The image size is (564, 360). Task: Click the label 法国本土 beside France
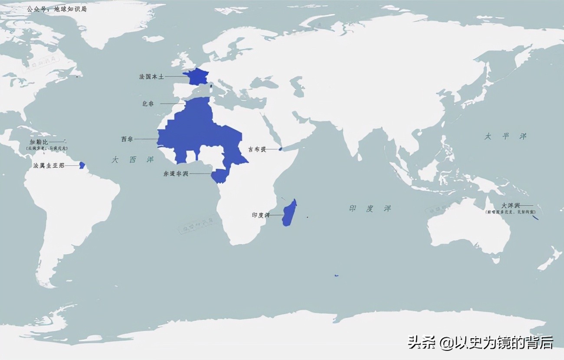coord(151,76)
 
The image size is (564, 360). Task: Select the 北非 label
coord(148,104)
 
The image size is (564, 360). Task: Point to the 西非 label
coord(127,139)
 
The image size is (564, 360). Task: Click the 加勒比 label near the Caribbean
coord(39,142)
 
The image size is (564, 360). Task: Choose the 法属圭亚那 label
coord(49,165)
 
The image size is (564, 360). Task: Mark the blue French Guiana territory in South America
coord(82,165)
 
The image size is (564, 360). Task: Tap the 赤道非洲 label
coord(176,173)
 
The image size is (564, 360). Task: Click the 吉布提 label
coord(256,149)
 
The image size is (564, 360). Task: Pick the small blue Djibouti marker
coord(280,149)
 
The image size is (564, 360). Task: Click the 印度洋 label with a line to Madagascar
coord(261,215)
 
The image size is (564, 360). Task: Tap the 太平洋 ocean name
coord(505,136)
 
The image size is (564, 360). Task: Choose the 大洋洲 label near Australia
coord(510,205)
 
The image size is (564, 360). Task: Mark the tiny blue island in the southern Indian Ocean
coord(336,275)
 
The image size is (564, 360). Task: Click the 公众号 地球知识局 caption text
coord(56,9)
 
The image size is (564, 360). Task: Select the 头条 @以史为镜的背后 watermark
coord(480,342)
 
